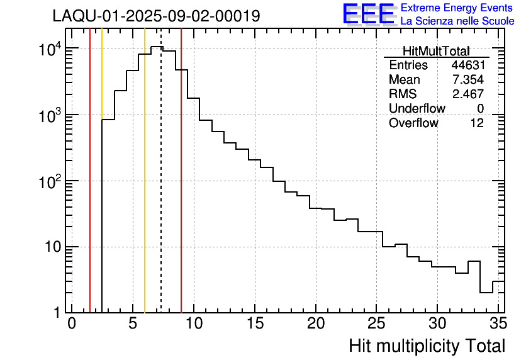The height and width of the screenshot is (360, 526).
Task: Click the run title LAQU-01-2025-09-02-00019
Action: pos(156,16)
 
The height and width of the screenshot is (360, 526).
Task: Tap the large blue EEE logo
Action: pos(368,14)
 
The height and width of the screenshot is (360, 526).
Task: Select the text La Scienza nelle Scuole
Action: pos(457,21)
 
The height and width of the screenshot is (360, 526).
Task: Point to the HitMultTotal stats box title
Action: pos(436,52)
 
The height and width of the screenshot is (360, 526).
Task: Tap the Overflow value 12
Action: pos(477,123)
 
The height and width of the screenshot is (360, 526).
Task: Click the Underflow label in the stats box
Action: pos(417,108)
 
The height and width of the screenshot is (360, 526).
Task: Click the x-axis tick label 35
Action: pos(497,324)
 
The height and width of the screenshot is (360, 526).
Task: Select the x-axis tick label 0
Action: pos(72,324)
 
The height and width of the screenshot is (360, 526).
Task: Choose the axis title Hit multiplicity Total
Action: pos(427,346)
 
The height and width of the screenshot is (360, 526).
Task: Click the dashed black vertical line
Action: pos(161,189)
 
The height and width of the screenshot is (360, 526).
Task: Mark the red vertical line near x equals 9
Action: pos(181,189)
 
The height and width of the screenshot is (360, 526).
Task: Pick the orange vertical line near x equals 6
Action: pos(145,189)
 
